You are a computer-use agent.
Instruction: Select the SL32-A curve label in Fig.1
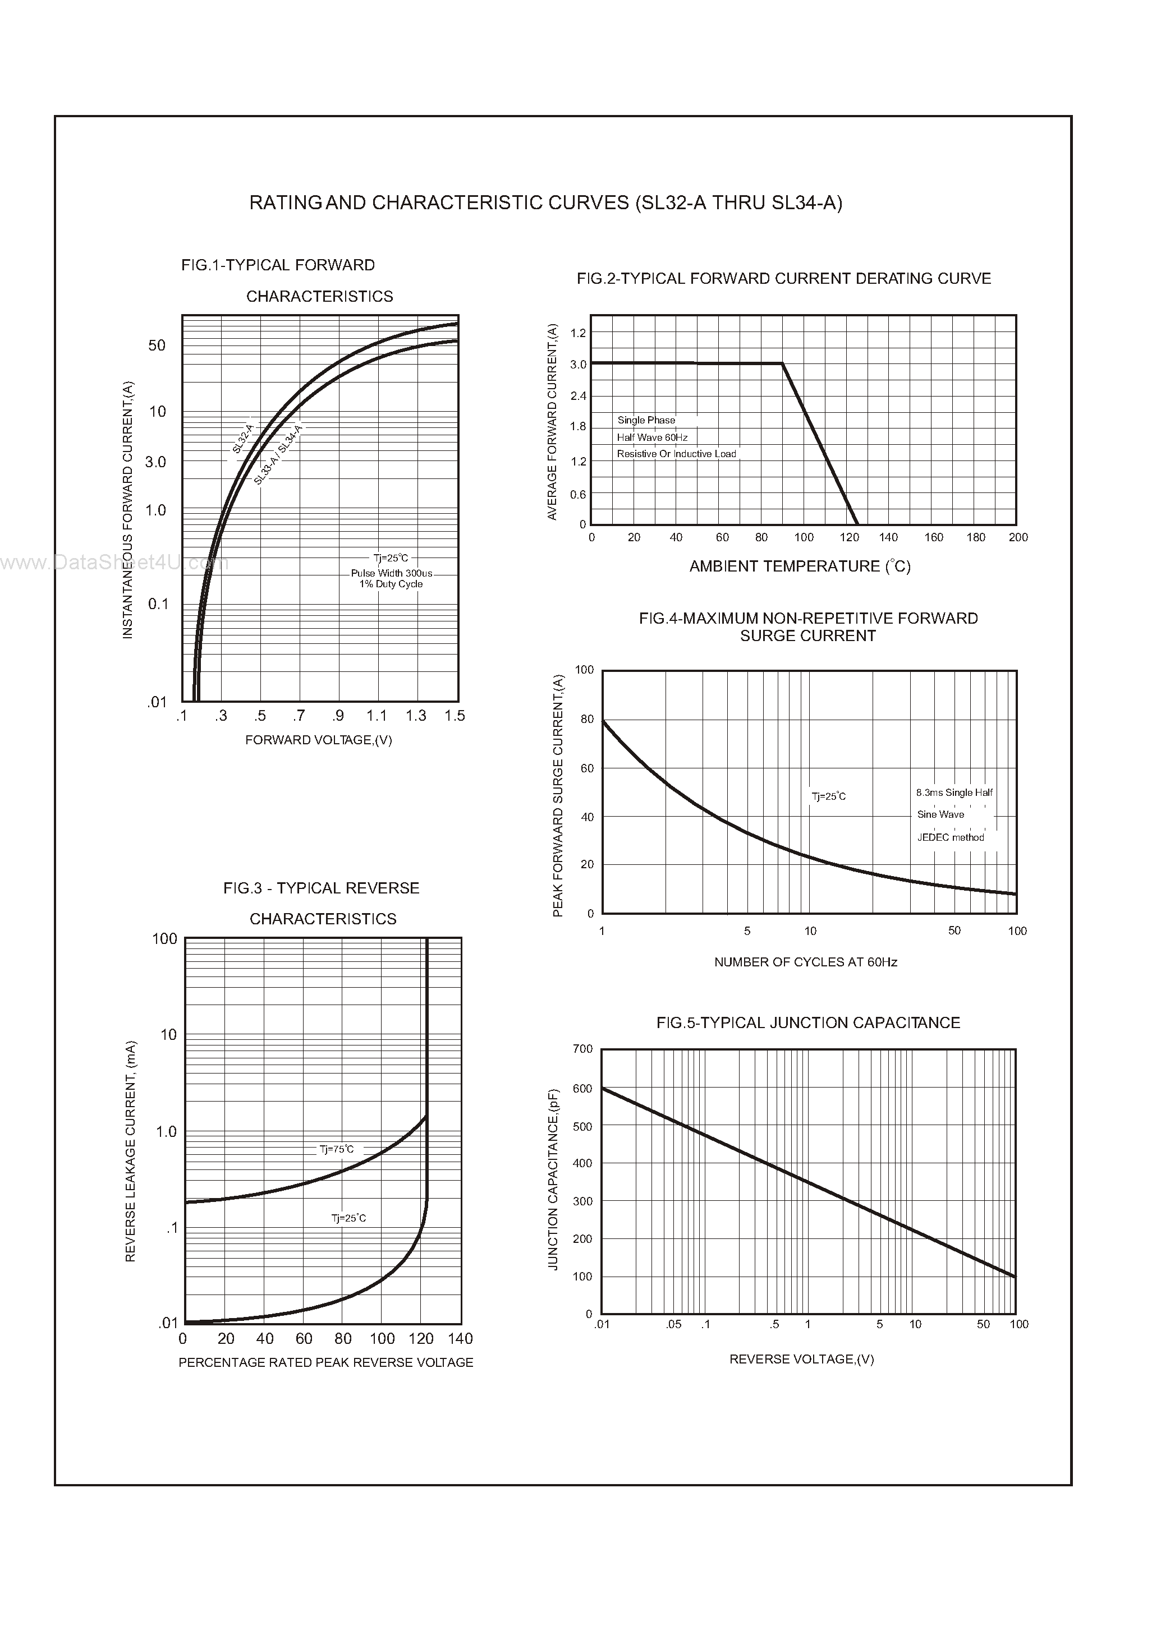coord(243,438)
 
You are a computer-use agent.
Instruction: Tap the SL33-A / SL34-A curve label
coord(279,454)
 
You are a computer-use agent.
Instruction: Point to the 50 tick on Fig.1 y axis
coord(157,346)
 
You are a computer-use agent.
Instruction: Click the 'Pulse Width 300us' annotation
coord(391,573)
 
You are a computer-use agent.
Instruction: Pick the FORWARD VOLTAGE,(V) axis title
coord(318,740)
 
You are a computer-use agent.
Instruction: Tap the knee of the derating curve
coord(782,364)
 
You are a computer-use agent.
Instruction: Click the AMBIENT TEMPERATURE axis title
coord(799,566)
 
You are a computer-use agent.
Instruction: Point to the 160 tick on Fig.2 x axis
coord(933,537)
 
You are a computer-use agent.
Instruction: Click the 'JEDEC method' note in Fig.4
coord(950,837)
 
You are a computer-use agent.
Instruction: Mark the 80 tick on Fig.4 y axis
coord(587,720)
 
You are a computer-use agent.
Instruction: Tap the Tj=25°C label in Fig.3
coord(348,1218)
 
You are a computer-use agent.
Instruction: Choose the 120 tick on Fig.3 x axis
coord(421,1338)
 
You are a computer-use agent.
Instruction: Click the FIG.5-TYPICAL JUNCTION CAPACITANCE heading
coord(808,1023)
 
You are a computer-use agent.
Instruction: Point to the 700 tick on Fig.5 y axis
coord(582,1049)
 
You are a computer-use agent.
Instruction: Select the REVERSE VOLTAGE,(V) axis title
coord(801,1359)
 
